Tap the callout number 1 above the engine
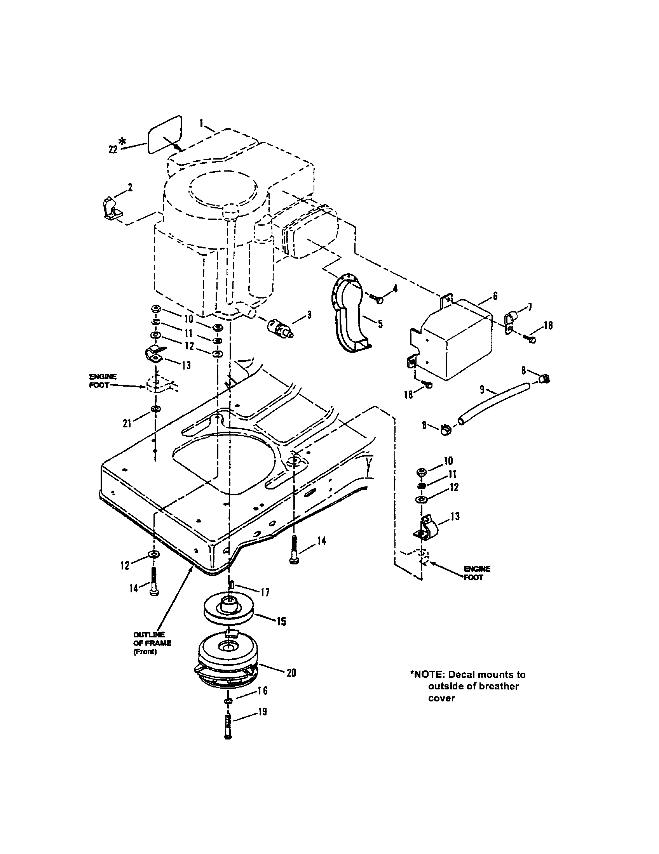201,123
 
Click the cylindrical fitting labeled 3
279,328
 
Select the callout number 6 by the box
495,297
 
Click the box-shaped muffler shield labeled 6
454,336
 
